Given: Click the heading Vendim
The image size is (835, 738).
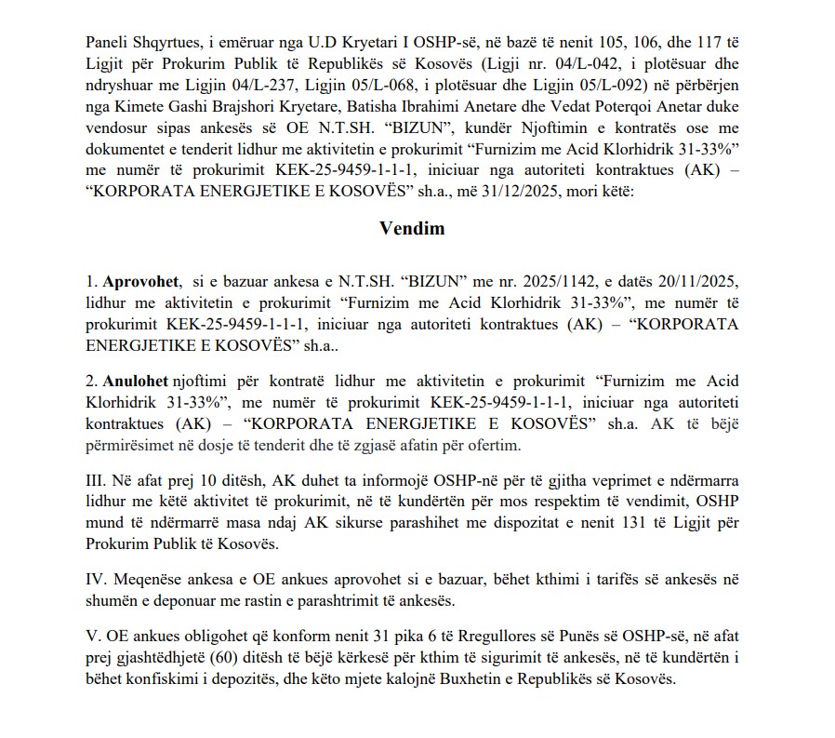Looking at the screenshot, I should pyautogui.click(x=411, y=227).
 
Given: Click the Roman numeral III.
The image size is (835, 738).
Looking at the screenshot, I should pyautogui.click(x=95, y=481).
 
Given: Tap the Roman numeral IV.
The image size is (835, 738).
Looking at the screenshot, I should pyautogui.click(x=96, y=579).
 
